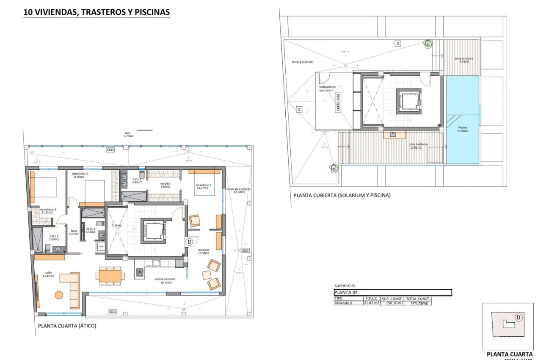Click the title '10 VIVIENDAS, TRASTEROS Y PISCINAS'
[96, 13]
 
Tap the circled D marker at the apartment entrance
[189, 241]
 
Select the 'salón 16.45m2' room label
[48, 274]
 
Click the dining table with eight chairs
[110, 275]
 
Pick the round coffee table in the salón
[58, 295]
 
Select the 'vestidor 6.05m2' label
[165, 185]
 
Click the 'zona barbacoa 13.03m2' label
[418, 146]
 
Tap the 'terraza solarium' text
[302, 62]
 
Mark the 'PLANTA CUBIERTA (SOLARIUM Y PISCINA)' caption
[342, 195]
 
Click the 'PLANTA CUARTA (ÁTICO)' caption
[67, 326]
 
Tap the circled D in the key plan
[518, 317]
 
